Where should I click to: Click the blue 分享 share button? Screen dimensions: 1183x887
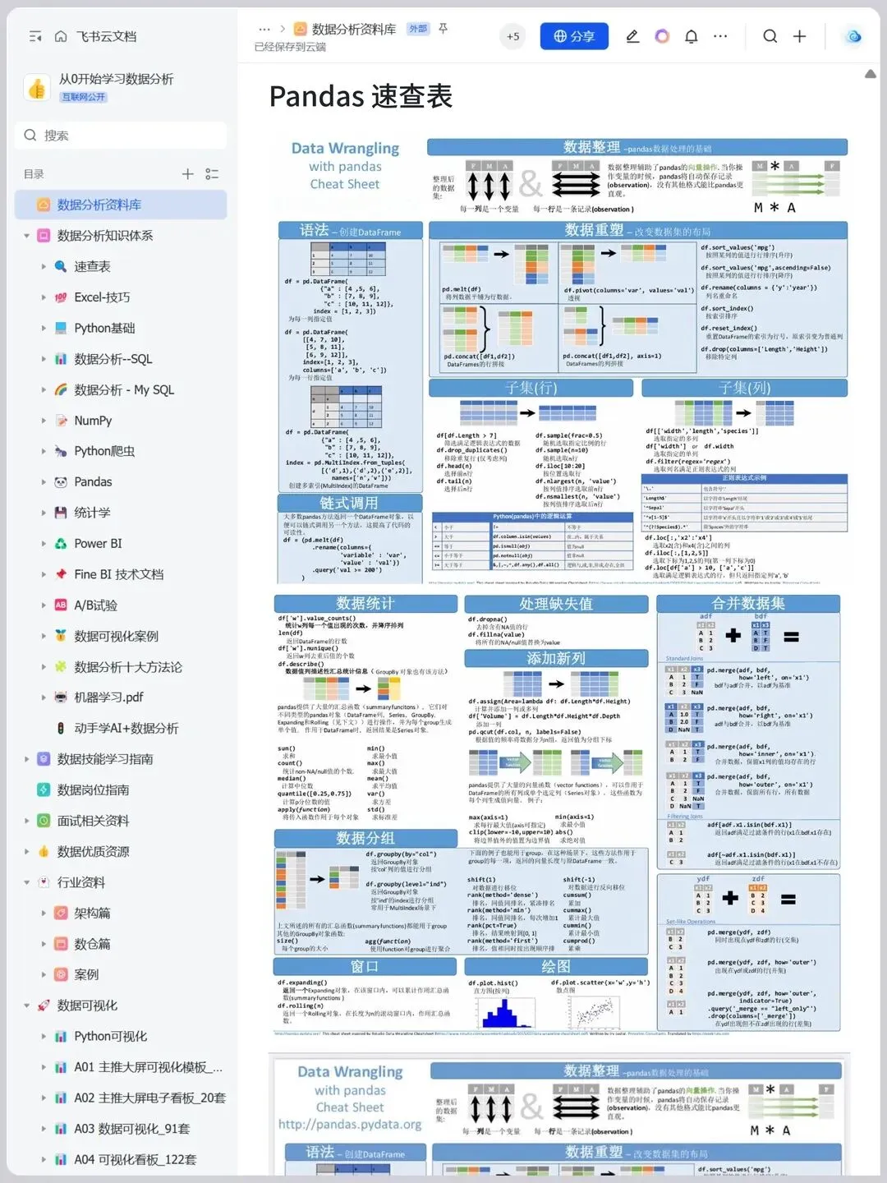pos(574,36)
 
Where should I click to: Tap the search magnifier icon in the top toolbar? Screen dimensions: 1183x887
pos(770,36)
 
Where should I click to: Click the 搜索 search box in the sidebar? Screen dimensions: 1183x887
pos(121,136)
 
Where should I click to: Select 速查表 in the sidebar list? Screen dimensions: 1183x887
pos(92,266)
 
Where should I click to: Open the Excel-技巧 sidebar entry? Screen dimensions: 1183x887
pos(102,297)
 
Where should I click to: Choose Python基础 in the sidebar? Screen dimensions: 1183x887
pos(104,328)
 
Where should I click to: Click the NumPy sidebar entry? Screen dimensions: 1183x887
pos(93,421)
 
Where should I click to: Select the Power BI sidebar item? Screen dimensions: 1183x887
pos(98,544)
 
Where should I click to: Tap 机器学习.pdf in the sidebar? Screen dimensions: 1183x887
pos(108,697)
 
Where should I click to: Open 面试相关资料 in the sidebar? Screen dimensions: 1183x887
pos(93,821)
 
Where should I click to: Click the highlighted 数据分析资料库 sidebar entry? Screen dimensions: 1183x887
pos(99,205)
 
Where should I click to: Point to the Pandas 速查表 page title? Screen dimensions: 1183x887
pos(361,96)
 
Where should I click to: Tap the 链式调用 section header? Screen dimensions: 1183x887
pos(349,503)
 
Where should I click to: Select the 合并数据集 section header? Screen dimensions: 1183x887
pos(748,604)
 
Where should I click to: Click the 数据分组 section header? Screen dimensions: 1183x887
pos(365,838)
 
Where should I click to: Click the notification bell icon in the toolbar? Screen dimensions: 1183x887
pos(692,36)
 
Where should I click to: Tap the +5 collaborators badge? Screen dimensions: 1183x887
pos(512,36)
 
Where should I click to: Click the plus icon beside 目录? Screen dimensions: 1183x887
pos(187,174)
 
